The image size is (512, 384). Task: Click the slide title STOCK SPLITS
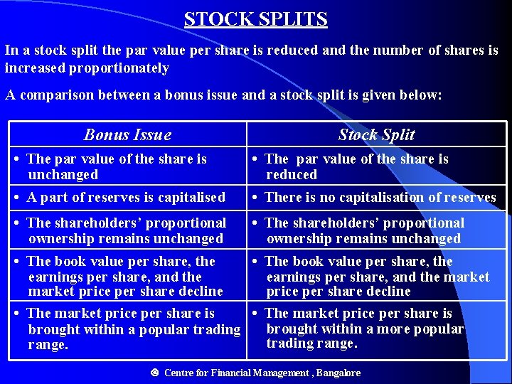pos(255,19)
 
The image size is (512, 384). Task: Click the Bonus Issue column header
pos(127,134)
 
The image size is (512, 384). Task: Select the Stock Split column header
pos(376,134)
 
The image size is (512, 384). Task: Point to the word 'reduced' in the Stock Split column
pos(292,174)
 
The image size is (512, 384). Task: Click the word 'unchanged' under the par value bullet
pos(63,174)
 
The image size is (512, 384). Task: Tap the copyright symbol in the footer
pos(154,373)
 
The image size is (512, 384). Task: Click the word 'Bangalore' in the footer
pos(338,373)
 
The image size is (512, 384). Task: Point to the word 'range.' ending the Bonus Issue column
pos(48,345)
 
